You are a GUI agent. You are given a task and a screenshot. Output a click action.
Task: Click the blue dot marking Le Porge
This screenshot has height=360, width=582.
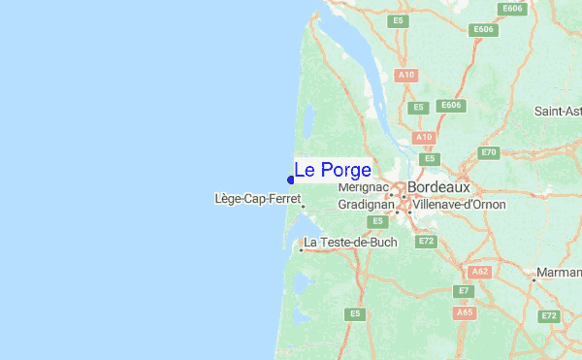[291, 179]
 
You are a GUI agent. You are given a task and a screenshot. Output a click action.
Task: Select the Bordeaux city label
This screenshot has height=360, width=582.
[438, 186]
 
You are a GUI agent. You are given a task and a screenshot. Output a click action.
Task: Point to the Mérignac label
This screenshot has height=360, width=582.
[363, 187]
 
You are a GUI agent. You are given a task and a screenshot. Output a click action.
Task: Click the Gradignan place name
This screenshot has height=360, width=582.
[366, 205]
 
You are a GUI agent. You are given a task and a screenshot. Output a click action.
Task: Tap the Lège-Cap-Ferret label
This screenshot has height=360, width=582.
[257, 199]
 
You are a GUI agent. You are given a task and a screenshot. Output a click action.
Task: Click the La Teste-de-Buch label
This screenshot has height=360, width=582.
[350, 242]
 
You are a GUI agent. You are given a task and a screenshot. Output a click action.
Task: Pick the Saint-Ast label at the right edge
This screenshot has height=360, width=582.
[557, 112]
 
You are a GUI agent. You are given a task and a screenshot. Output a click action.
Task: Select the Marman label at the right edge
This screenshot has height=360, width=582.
[559, 273]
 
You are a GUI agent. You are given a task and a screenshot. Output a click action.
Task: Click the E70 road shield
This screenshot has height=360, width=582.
[489, 152]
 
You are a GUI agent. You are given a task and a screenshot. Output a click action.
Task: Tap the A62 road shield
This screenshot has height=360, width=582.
[477, 272]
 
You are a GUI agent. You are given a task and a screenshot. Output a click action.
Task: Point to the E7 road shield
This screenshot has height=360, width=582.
[464, 291]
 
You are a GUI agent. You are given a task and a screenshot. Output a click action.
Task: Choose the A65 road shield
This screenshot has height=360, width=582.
[464, 312]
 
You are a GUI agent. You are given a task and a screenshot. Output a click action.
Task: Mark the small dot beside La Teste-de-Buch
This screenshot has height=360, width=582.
[301, 249]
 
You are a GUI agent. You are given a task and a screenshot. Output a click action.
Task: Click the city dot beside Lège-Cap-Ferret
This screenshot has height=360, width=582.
[304, 206]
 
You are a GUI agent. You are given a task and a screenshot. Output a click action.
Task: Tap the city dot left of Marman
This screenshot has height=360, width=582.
[533, 279]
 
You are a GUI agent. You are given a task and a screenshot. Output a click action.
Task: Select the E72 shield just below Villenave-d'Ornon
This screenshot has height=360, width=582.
[424, 240]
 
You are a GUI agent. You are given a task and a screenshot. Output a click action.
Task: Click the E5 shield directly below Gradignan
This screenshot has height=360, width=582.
[378, 221]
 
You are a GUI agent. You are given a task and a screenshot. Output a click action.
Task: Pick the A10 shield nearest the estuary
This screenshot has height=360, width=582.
[406, 75]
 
